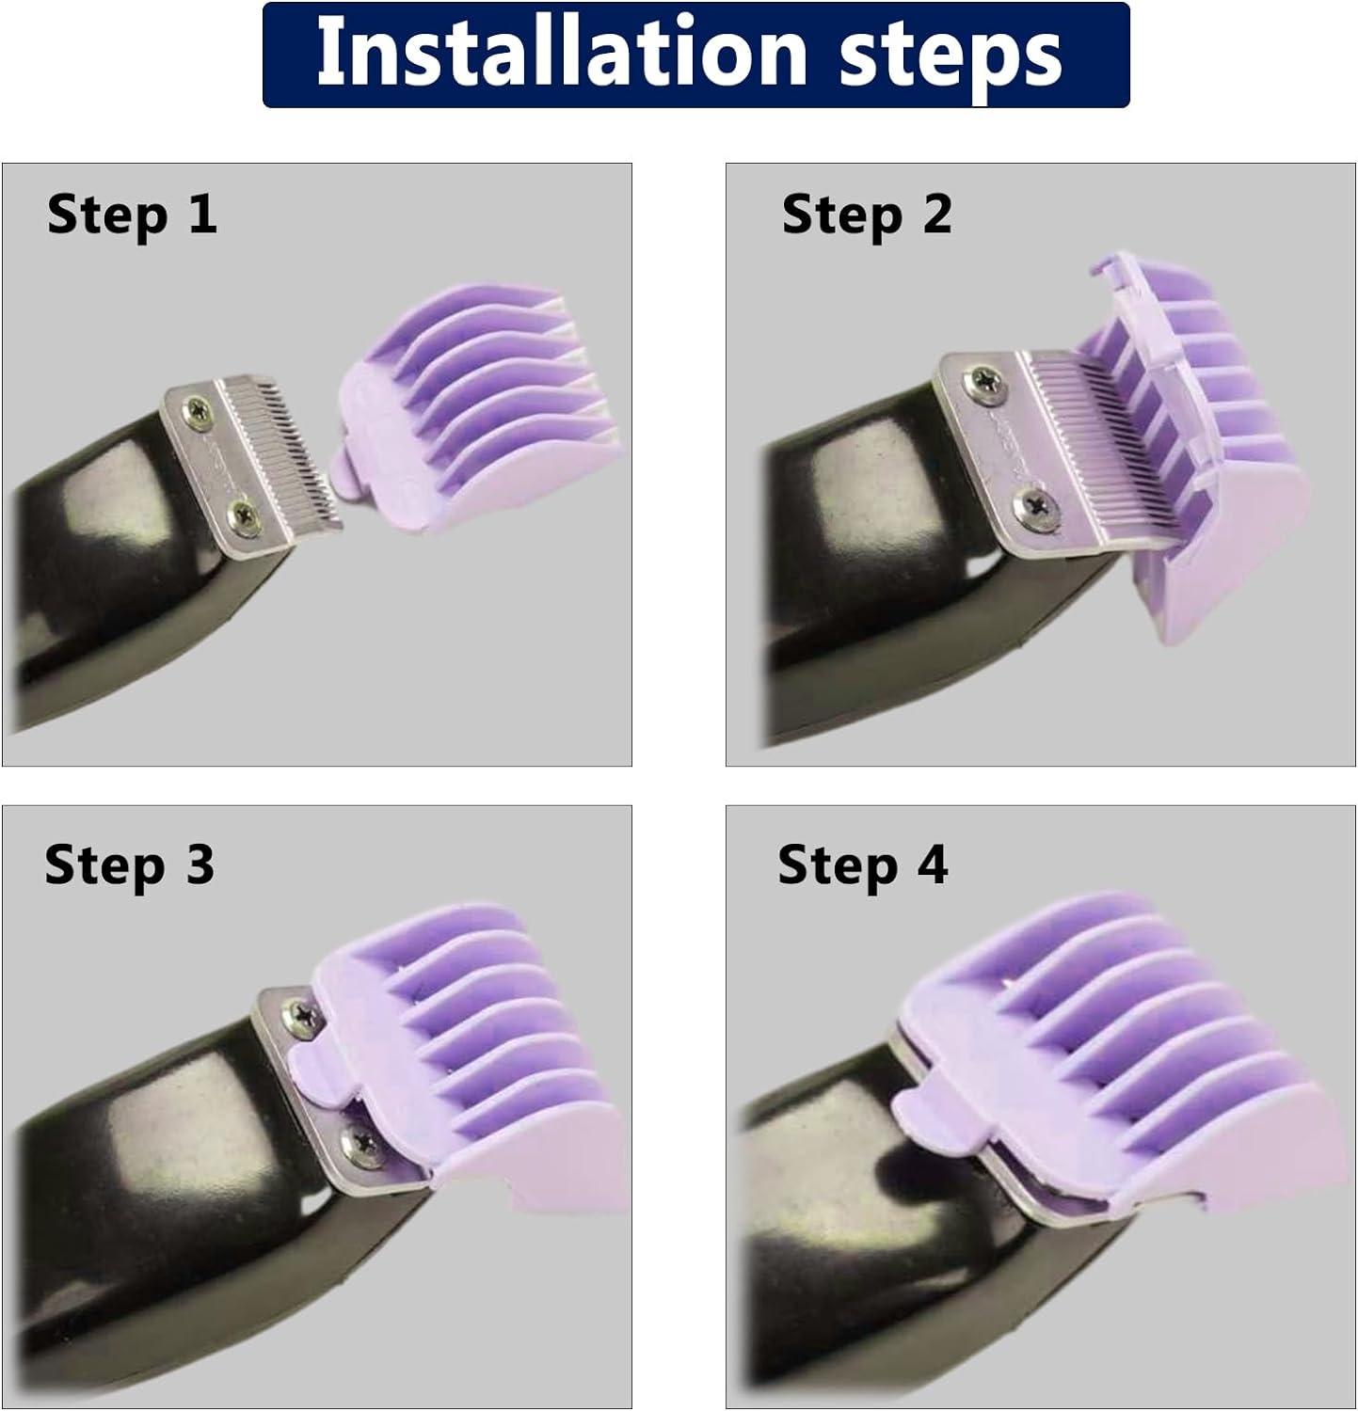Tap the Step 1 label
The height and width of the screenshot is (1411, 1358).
pos(132,214)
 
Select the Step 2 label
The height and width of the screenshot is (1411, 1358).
pos(867,214)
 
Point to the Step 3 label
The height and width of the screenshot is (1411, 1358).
pos(130,864)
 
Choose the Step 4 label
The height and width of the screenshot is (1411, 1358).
pos(862,864)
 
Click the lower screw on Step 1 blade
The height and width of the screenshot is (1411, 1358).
pos(247,512)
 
